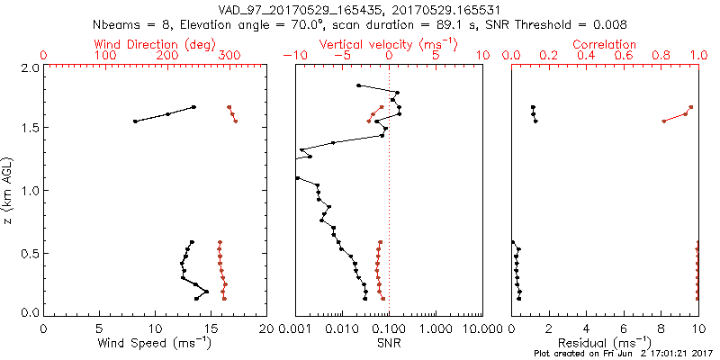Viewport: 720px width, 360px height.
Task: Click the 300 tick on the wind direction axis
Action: (x=229, y=56)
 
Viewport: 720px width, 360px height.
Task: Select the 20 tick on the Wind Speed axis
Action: (x=266, y=329)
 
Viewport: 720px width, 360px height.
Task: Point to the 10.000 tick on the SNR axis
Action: (x=482, y=329)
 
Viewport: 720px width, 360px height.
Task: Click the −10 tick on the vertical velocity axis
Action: (x=292, y=56)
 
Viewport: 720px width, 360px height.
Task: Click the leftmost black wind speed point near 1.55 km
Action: (x=135, y=121)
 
